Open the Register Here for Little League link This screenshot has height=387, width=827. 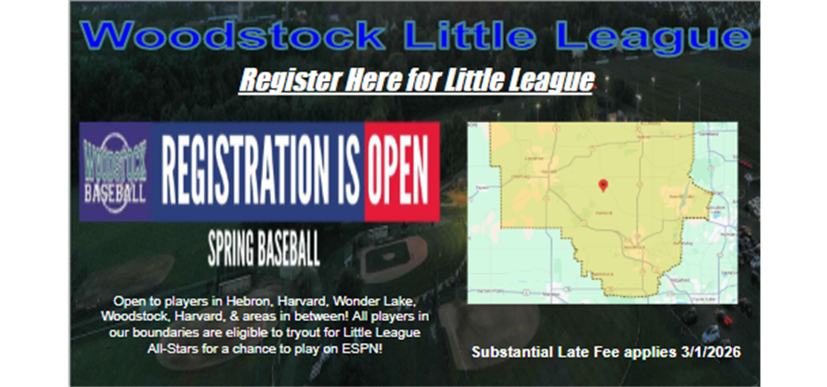pyautogui.click(x=416, y=80)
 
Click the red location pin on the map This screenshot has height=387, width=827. pyautogui.click(x=603, y=185)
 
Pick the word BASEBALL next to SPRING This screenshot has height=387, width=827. pyautogui.click(x=290, y=250)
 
